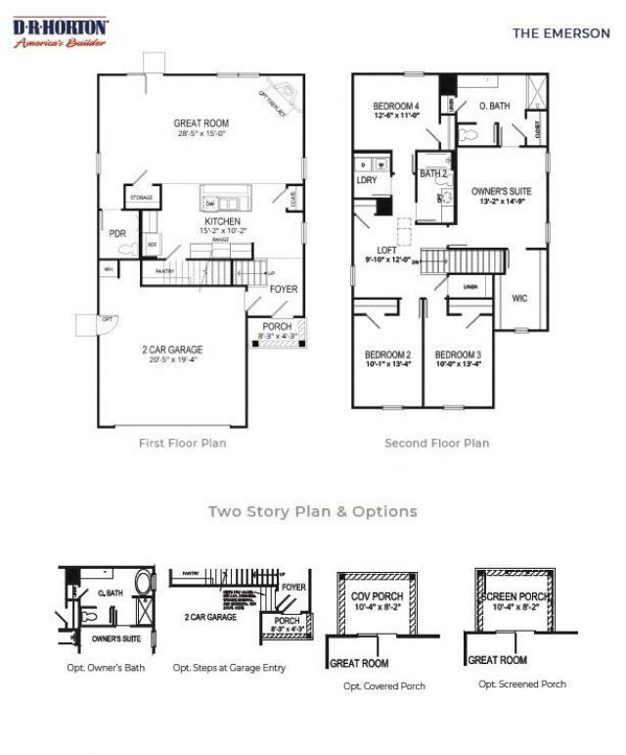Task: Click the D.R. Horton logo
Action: (x=61, y=32)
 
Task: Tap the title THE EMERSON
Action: (x=560, y=32)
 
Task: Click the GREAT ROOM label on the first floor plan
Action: (x=201, y=123)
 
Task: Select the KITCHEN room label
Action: (x=222, y=222)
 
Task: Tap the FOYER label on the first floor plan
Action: (x=284, y=289)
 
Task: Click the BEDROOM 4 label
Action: (x=396, y=106)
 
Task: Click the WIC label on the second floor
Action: (x=519, y=298)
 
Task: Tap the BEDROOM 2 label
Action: (x=388, y=354)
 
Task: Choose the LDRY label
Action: (x=367, y=179)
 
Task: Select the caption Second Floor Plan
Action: (x=436, y=443)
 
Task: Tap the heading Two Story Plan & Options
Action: (x=312, y=511)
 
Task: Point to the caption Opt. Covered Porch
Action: (x=384, y=685)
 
